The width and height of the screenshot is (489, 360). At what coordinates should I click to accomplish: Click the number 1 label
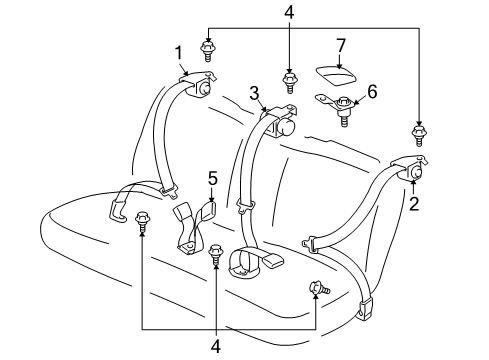[x=179, y=51]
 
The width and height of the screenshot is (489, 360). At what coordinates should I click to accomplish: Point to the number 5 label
[x=211, y=180]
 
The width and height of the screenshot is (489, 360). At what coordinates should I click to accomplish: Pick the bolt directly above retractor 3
[x=290, y=79]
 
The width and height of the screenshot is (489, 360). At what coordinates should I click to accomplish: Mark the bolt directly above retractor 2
[x=418, y=132]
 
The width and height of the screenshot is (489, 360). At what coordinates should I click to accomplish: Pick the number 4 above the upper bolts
[x=289, y=13]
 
